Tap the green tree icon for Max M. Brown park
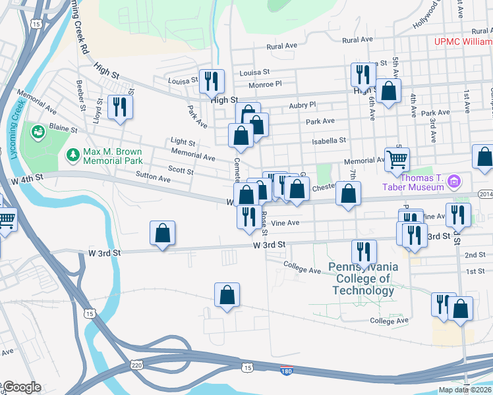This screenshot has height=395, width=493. click(x=72, y=155)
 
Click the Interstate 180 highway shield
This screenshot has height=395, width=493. click(x=286, y=371)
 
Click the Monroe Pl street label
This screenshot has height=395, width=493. click(x=265, y=84)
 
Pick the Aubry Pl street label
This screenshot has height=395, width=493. click(x=303, y=105)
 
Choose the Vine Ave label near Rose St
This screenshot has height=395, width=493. click(x=285, y=223)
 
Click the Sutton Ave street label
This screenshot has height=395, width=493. click(x=153, y=178)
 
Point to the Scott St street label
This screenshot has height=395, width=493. click(x=181, y=170)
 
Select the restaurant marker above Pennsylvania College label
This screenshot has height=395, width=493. click(x=364, y=251)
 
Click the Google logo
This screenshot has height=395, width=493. click(x=21, y=387)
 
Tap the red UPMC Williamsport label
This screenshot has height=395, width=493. click(x=463, y=41)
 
